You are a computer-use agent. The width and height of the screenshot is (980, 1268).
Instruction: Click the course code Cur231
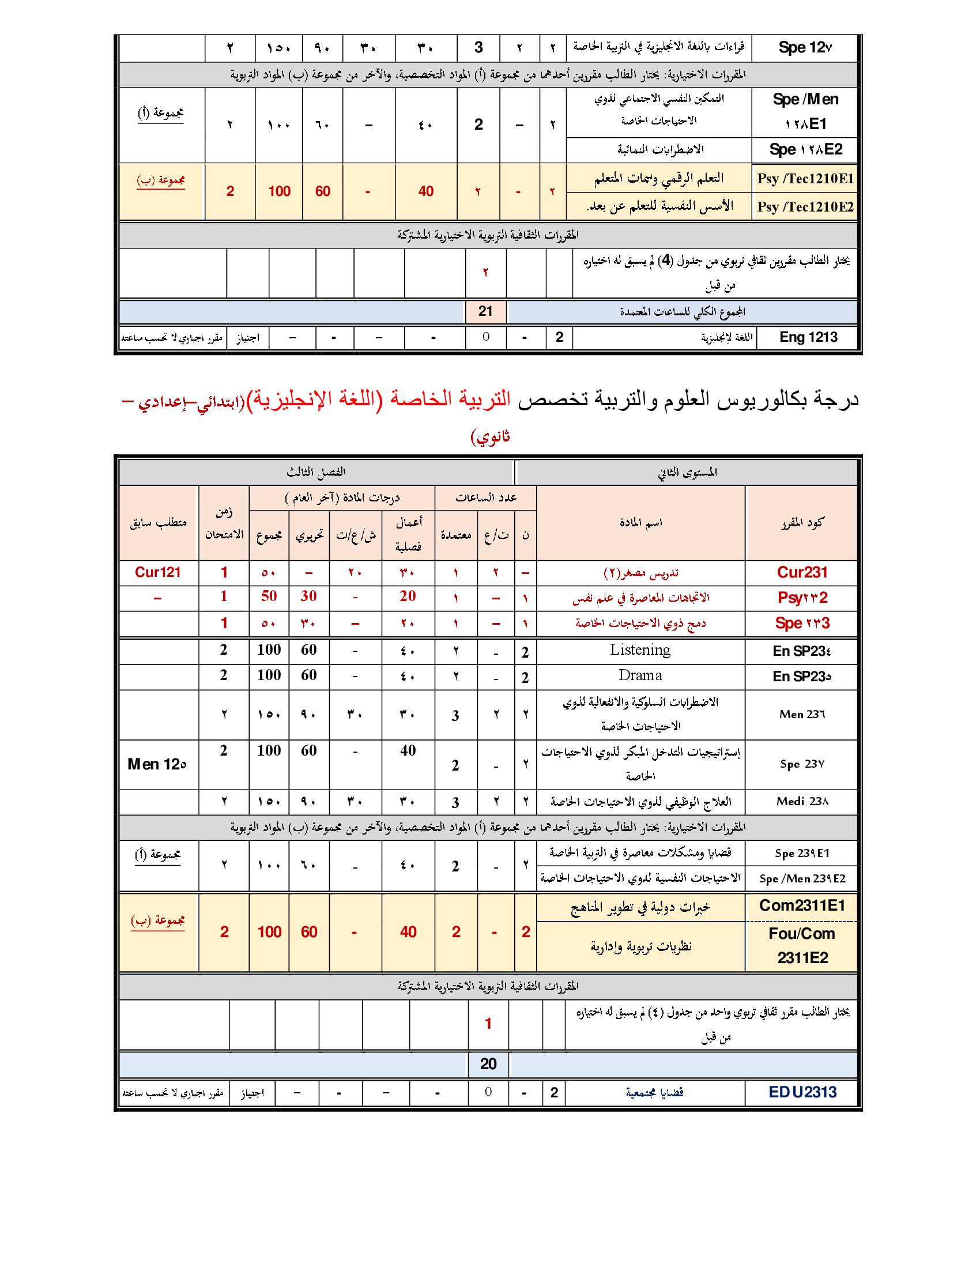[802, 572]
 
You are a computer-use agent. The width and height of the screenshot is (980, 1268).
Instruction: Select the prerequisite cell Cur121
[158, 572]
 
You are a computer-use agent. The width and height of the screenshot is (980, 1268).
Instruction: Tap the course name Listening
[640, 650]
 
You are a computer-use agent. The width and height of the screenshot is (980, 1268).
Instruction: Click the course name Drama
[640, 675]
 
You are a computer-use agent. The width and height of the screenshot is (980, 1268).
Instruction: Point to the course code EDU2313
[802, 1092]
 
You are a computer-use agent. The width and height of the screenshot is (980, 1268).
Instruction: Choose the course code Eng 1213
[808, 337]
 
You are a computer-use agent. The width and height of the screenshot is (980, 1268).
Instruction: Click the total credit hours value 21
[485, 312]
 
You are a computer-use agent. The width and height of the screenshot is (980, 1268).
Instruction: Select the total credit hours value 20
[488, 1063]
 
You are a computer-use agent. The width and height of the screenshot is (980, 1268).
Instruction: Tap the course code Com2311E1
[802, 905]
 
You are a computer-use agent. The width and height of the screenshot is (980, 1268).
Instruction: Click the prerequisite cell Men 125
[157, 764]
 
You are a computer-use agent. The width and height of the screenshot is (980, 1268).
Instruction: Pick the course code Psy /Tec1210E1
[805, 179]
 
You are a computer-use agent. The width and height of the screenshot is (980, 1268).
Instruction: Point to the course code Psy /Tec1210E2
[805, 207]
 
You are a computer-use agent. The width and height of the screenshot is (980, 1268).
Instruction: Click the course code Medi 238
[802, 802]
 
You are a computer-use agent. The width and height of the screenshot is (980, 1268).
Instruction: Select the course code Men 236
[802, 714]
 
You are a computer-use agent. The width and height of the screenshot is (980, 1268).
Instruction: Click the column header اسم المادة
[640, 523]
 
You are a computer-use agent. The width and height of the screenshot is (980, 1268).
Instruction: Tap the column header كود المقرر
[802, 523]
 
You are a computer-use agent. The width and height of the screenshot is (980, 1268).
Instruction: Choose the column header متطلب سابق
[158, 523]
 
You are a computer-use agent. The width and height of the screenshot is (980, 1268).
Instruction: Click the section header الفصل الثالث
[316, 472]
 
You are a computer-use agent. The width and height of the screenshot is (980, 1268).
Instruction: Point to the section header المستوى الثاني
[687, 472]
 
